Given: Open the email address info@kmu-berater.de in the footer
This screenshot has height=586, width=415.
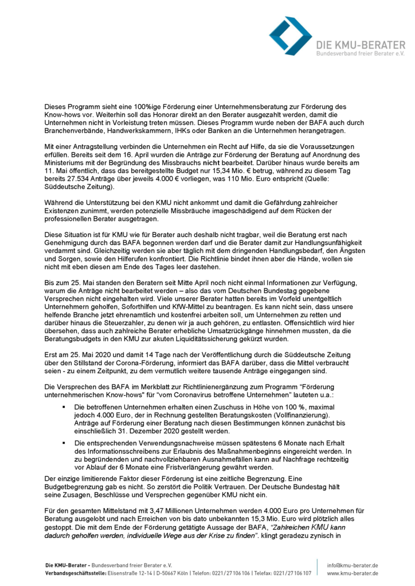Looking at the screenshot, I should tap(353, 565).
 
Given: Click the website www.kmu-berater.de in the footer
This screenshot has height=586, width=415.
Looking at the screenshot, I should tap(352, 573).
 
